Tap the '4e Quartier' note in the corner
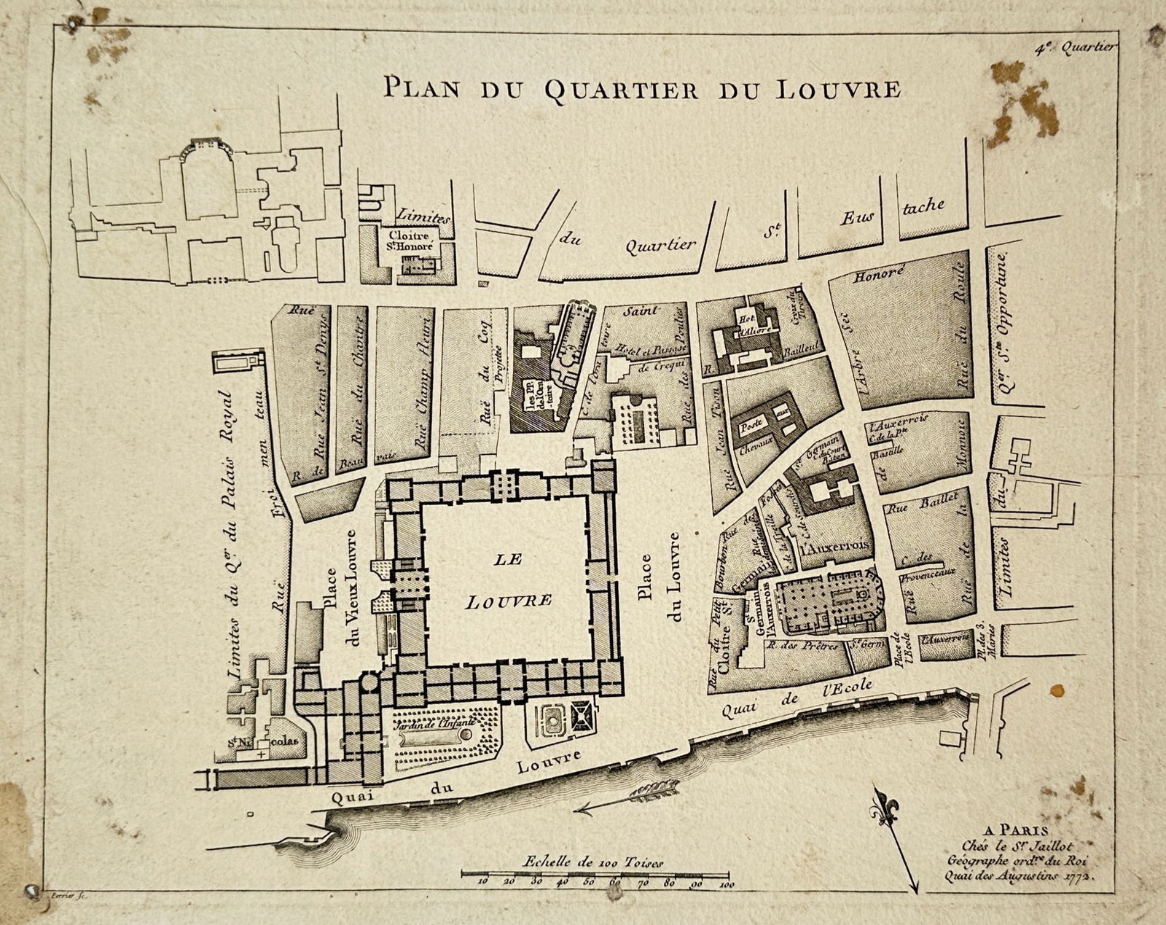pos(1074,47)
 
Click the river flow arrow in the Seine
pos(627,797)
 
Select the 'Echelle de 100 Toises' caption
pos(592,862)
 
